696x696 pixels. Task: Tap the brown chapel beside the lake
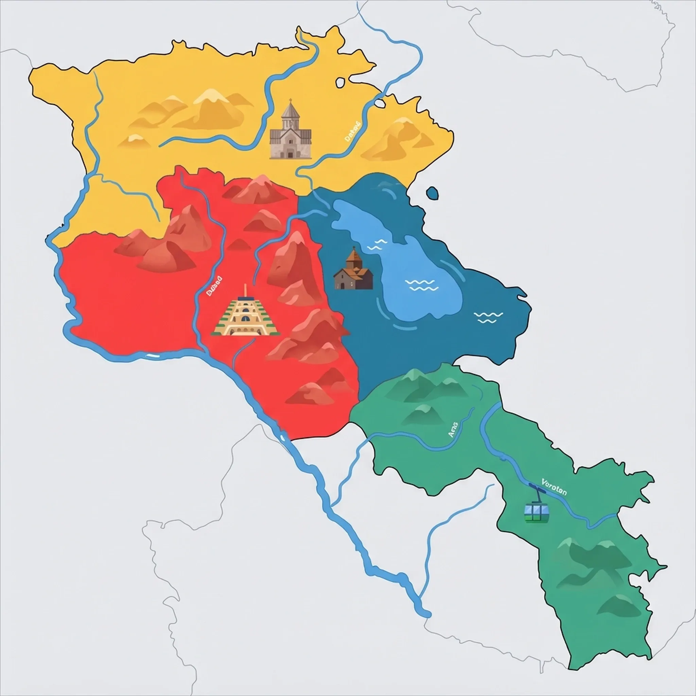(353, 271)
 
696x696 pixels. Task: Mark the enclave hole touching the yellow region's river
(380, 103)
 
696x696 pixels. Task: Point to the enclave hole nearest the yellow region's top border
(340, 83)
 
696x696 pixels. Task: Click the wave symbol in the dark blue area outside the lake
(488, 317)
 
